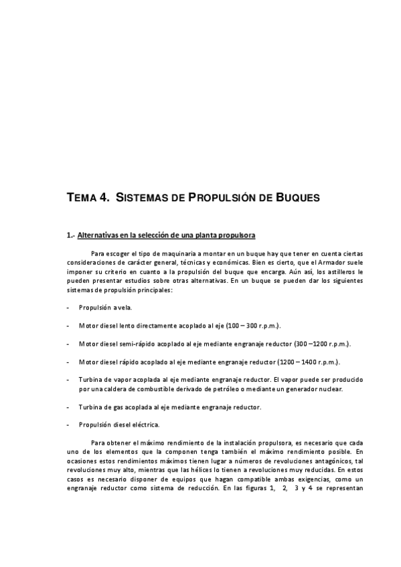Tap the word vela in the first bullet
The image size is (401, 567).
[x=125, y=308]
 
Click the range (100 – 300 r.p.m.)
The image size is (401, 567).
[x=253, y=326]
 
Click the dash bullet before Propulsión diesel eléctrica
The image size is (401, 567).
[x=69, y=425]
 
